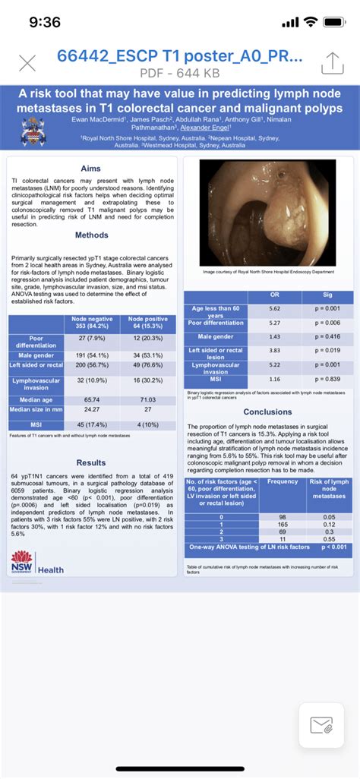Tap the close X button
point(27,64)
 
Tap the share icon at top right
point(333,63)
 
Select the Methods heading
point(92,235)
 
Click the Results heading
point(91,462)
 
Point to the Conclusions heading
point(267,412)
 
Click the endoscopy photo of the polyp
point(267,213)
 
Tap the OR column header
point(274,295)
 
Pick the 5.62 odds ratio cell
point(274,308)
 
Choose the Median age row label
point(36,398)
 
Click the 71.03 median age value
point(149,398)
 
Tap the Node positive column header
point(149,323)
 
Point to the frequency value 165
point(283,525)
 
